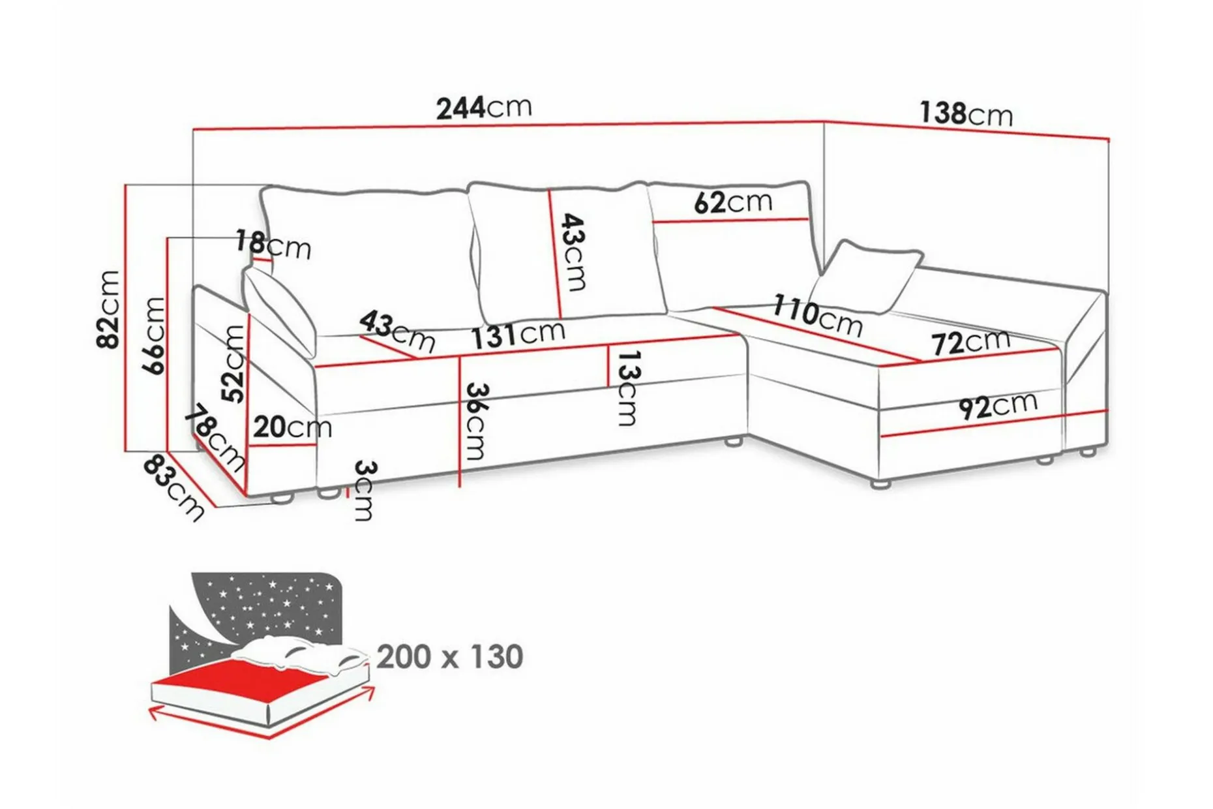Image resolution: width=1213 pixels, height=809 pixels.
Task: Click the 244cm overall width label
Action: (484, 108)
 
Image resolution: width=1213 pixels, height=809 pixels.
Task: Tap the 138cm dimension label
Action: (966, 114)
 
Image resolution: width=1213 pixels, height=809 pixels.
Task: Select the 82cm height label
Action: (108, 309)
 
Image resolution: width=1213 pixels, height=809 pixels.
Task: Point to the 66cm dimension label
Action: (154, 335)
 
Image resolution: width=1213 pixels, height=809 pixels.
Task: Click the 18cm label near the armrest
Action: (273, 245)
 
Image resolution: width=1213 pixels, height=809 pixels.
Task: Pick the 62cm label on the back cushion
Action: (733, 202)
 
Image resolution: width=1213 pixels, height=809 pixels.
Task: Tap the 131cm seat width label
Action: (518, 334)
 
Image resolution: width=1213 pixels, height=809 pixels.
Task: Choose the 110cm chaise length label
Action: (818, 315)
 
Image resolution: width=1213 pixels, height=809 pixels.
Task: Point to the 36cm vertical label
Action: (476, 421)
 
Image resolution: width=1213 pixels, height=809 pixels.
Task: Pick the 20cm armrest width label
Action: (292, 427)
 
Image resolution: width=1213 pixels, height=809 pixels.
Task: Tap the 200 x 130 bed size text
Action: (450, 656)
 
